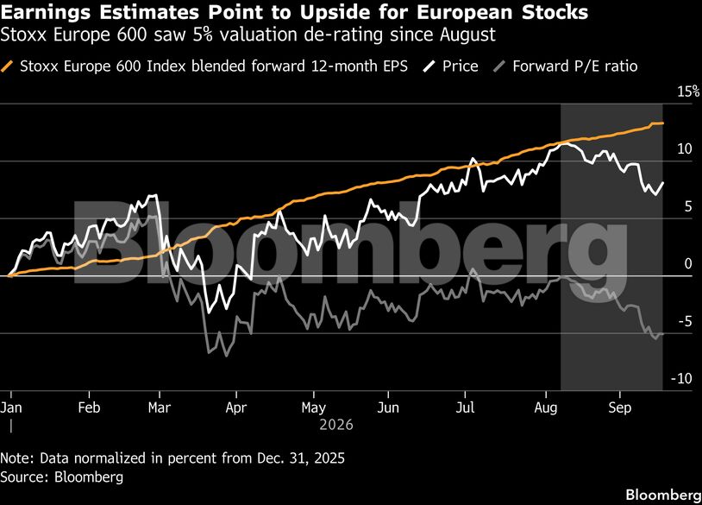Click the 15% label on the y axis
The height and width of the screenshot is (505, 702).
point(688,92)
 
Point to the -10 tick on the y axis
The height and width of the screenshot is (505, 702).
point(681,379)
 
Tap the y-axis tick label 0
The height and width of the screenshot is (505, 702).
point(688,263)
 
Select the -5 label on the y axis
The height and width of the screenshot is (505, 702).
point(685,321)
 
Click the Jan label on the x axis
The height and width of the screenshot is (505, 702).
point(10,407)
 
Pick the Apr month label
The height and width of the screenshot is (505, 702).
point(236,407)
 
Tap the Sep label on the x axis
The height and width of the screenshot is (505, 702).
point(619,407)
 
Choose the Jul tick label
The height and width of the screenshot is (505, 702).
point(465,407)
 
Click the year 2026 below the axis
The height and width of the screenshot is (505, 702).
point(336,425)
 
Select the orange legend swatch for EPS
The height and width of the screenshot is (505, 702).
point(7,66)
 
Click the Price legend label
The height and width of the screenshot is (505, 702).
point(461,66)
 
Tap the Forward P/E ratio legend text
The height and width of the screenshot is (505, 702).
point(575,66)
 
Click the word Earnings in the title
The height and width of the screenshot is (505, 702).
point(45,12)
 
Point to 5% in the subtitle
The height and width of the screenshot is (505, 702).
point(203,35)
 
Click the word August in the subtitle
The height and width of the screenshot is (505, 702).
point(467,35)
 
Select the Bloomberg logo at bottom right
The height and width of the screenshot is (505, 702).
point(663,495)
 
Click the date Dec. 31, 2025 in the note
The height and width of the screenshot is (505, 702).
point(301,458)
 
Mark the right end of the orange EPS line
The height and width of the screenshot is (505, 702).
point(663,123)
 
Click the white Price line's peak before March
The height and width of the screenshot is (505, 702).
point(155,195)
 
